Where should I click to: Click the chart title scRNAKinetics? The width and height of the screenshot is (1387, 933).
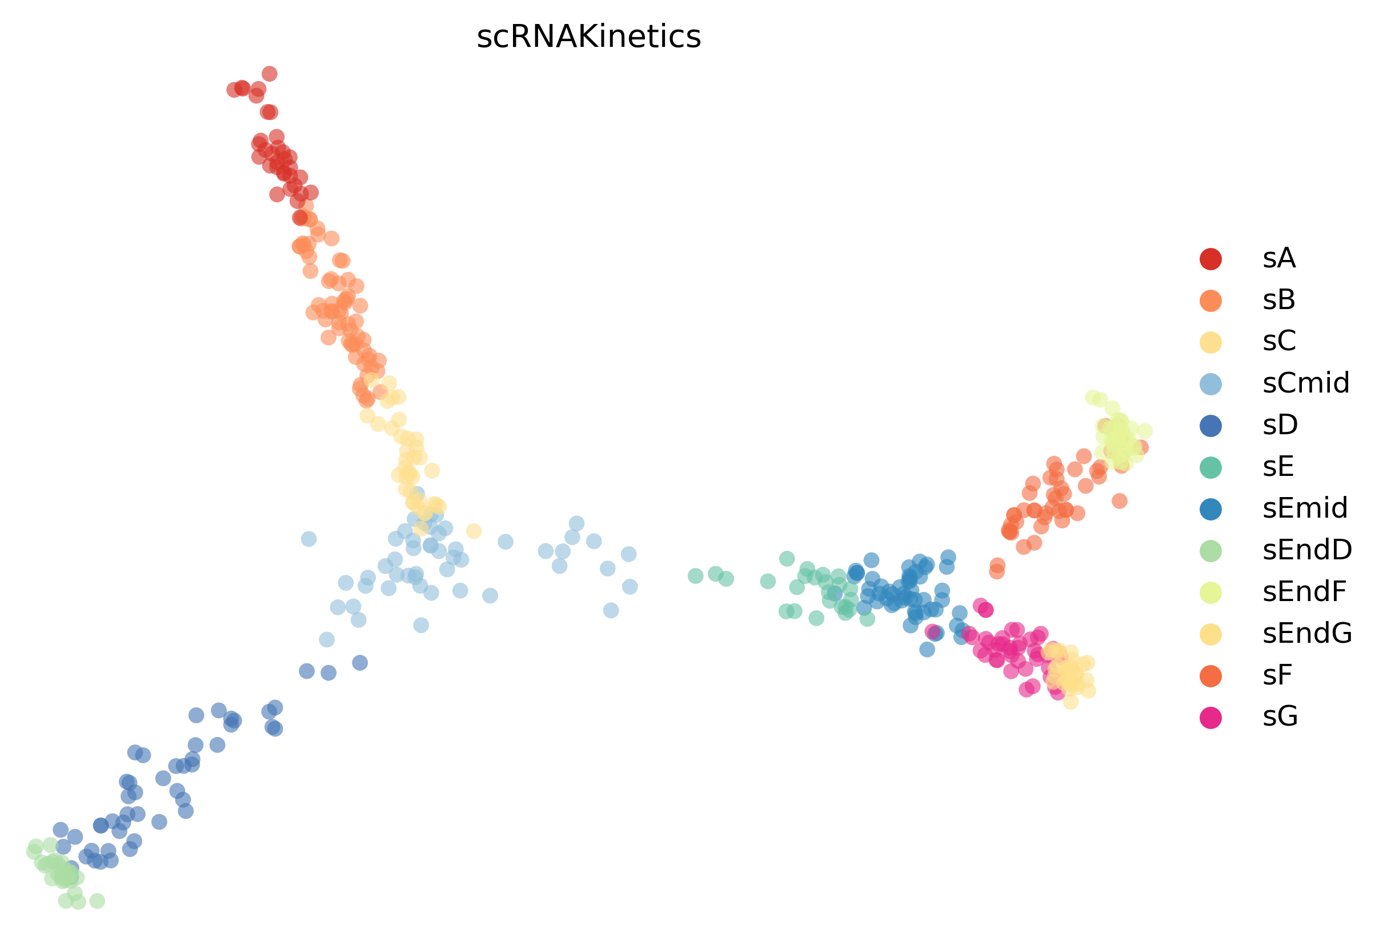[x=589, y=37]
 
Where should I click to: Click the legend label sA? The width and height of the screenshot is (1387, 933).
[x=1279, y=258]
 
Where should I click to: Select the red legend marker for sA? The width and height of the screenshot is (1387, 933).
[x=1211, y=259]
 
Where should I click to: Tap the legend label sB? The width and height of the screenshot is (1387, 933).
[x=1279, y=300]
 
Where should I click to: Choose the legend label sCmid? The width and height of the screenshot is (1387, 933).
[x=1306, y=383]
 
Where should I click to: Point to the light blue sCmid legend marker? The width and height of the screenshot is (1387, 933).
[x=1211, y=385]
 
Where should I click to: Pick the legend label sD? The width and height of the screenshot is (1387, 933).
[x=1280, y=425]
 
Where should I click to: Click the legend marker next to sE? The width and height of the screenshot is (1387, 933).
[x=1211, y=468]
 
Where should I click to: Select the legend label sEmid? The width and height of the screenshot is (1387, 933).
[x=1305, y=508]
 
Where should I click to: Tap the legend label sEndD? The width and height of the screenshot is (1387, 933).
[x=1307, y=550]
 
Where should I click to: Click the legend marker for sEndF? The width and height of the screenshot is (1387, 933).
[x=1211, y=593]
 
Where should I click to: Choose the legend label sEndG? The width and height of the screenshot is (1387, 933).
[x=1307, y=634]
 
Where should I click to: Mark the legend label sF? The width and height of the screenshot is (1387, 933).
[x=1277, y=675]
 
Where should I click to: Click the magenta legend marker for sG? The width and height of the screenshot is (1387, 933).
[x=1211, y=718]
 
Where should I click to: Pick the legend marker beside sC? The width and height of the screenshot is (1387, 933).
[x=1211, y=343]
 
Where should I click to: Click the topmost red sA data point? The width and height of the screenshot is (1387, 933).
[x=270, y=74]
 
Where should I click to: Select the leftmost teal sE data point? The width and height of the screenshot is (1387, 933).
[x=695, y=576]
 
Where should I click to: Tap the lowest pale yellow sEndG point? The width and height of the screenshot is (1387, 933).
[x=1071, y=702]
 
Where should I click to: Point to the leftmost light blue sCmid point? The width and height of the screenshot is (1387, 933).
[x=308, y=539]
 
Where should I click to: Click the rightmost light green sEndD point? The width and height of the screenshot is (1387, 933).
[x=97, y=901]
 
